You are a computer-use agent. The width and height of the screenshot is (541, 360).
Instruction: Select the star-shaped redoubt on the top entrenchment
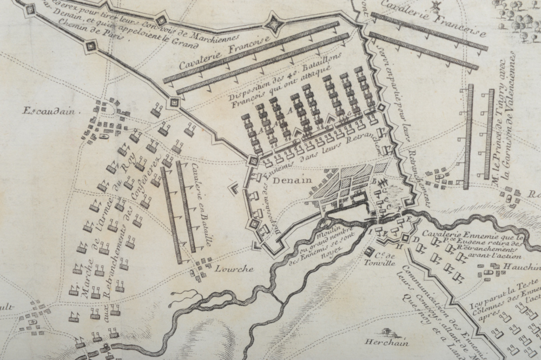[274, 23]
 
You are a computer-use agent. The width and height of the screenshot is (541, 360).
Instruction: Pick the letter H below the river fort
[399, 248]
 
